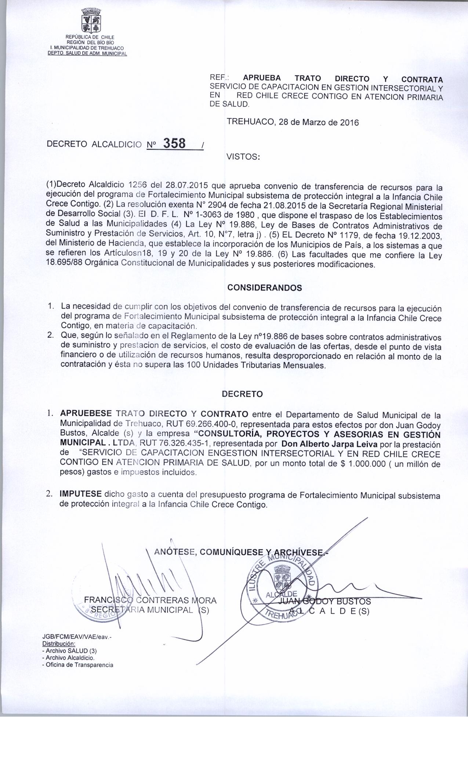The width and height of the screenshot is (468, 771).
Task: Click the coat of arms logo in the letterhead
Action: (x=90, y=20)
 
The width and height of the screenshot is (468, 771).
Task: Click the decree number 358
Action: (x=174, y=143)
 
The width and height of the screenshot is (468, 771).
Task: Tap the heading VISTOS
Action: (x=243, y=157)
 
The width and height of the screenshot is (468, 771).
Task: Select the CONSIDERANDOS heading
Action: (x=264, y=288)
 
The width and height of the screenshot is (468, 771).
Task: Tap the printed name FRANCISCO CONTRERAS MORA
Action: (x=150, y=600)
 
